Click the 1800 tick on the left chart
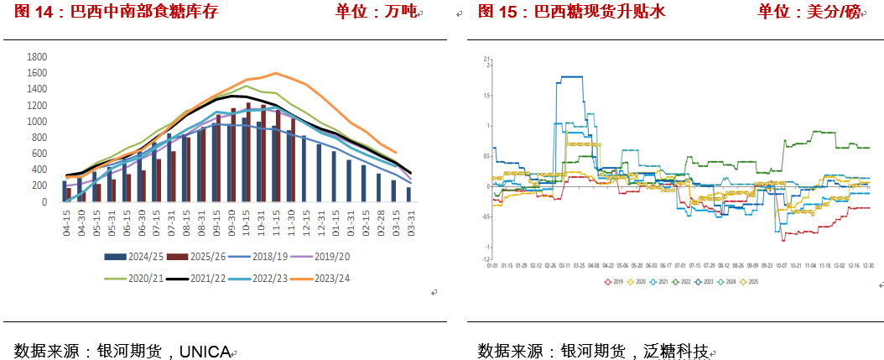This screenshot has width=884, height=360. (37, 57)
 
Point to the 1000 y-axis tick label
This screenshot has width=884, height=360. (37, 122)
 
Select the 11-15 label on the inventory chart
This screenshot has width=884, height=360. (275, 222)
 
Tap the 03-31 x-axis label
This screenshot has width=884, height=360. (409, 222)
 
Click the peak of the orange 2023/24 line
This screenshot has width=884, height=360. (276, 73)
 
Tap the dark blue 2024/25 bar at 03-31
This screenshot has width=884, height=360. (408, 195)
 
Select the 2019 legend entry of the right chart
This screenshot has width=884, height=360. (614, 282)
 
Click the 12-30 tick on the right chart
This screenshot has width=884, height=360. (867, 265)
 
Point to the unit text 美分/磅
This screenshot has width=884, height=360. (830, 12)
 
